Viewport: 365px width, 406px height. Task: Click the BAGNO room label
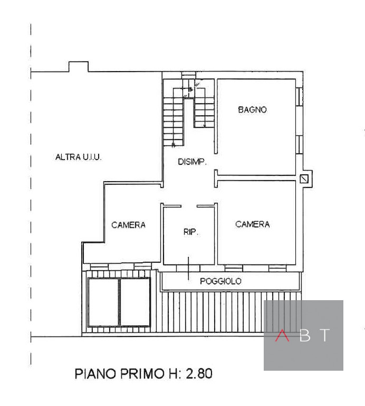[x=252, y=110]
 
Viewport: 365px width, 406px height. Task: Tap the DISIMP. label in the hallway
[x=192, y=162]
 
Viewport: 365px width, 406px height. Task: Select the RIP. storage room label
[x=190, y=232]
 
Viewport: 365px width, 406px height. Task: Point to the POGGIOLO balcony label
[x=220, y=281]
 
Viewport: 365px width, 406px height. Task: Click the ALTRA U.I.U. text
[x=78, y=157]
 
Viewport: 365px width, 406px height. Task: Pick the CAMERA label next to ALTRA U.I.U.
[x=128, y=225]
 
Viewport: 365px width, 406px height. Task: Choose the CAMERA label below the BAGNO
[x=252, y=224]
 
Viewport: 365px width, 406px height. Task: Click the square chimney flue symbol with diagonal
[x=304, y=179]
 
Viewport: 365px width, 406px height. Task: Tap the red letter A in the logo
[x=282, y=335]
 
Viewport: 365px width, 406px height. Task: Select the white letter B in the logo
[x=305, y=335]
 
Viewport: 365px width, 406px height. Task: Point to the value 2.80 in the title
[x=199, y=374]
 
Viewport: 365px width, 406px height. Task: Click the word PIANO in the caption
[x=95, y=374]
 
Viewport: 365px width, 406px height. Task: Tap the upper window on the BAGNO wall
[x=299, y=96]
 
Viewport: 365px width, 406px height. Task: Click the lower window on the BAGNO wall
[x=299, y=144]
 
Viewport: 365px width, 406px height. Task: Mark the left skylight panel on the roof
[x=103, y=302]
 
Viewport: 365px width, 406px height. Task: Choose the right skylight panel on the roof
[x=135, y=302]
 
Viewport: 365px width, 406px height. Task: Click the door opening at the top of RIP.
[x=189, y=206]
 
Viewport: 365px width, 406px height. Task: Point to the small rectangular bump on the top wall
[x=79, y=66]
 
